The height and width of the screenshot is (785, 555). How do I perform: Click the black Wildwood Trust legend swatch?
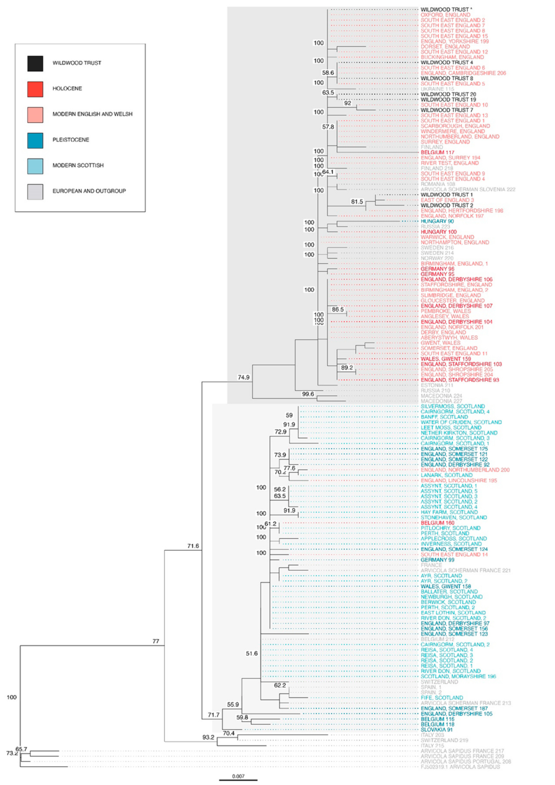(35, 63)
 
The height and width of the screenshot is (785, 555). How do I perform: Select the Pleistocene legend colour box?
(35, 140)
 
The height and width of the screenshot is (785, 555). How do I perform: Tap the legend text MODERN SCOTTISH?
(78, 165)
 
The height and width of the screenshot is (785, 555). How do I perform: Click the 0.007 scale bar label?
(238, 776)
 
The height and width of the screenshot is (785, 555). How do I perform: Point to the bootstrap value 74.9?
(243, 377)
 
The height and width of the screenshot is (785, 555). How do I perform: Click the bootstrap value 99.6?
(308, 394)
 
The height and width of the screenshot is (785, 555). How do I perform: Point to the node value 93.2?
(208, 737)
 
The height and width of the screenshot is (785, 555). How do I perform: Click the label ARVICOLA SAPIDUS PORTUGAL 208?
(462, 762)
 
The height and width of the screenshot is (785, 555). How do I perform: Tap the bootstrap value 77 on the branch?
(156, 642)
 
